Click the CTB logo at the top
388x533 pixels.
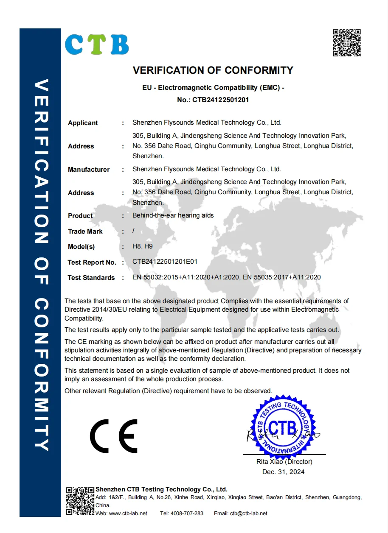pyautogui.click(x=97, y=44)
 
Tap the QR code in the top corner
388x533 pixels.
pyautogui.click(x=346, y=42)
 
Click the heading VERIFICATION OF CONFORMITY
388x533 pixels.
pyautogui.click(x=213, y=70)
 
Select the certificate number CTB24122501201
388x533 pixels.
pyautogui.click(x=220, y=100)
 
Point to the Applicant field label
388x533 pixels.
pyautogui.click(x=83, y=123)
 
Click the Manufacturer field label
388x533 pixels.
pyautogui.click(x=89, y=170)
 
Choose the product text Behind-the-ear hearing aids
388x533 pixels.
pyautogui.click(x=173, y=215)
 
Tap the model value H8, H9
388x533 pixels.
pyautogui.click(x=143, y=246)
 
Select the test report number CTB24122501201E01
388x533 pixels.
pyautogui.click(x=165, y=262)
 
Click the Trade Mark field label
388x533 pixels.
pyautogui.click(x=85, y=232)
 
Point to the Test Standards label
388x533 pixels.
pyautogui.click(x=91, y=278)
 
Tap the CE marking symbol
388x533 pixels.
pyautogui.click(x=113, y=436)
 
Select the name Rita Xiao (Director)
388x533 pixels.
pyautogui.click(x=284, y=462)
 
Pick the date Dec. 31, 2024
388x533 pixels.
pyautogui.click(x=283, y=472)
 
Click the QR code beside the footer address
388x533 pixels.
pyautogui.click(x=80, y=501)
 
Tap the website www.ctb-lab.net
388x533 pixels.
pyautogui.click(x=128, y=513)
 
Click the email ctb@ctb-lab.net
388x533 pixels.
pyautogui.click(x=249, y=513)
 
